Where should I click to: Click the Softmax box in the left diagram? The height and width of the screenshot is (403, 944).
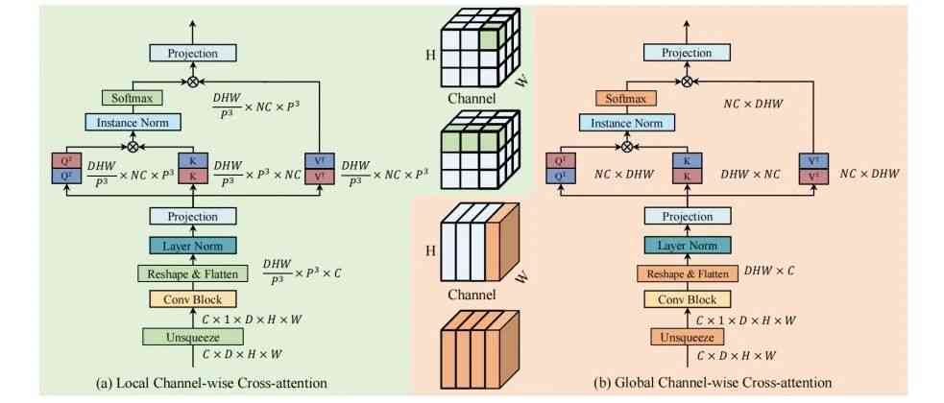(133, 97)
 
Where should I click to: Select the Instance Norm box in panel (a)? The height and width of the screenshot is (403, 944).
(133, 122)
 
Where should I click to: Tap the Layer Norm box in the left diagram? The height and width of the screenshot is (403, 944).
(192, 247)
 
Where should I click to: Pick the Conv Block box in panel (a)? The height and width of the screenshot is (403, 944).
(192, 299)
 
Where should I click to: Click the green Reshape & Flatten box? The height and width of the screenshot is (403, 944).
(192, 273)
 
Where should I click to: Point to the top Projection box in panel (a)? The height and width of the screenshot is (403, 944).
(192, 54)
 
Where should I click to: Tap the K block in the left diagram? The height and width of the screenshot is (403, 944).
(192, 170)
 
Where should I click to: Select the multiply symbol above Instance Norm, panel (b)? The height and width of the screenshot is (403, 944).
(627, 147)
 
